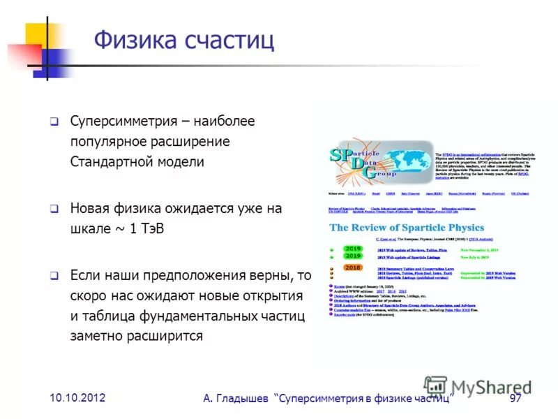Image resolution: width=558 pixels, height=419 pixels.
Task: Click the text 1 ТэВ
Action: point(149,229)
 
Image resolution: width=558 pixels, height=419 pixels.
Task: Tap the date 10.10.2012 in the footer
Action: point(77,397)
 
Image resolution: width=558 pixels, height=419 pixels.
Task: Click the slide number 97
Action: point(515,398)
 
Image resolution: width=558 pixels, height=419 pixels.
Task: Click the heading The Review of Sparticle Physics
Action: point(407,228)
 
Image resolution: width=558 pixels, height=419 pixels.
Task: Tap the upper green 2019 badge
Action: point(352,248)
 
